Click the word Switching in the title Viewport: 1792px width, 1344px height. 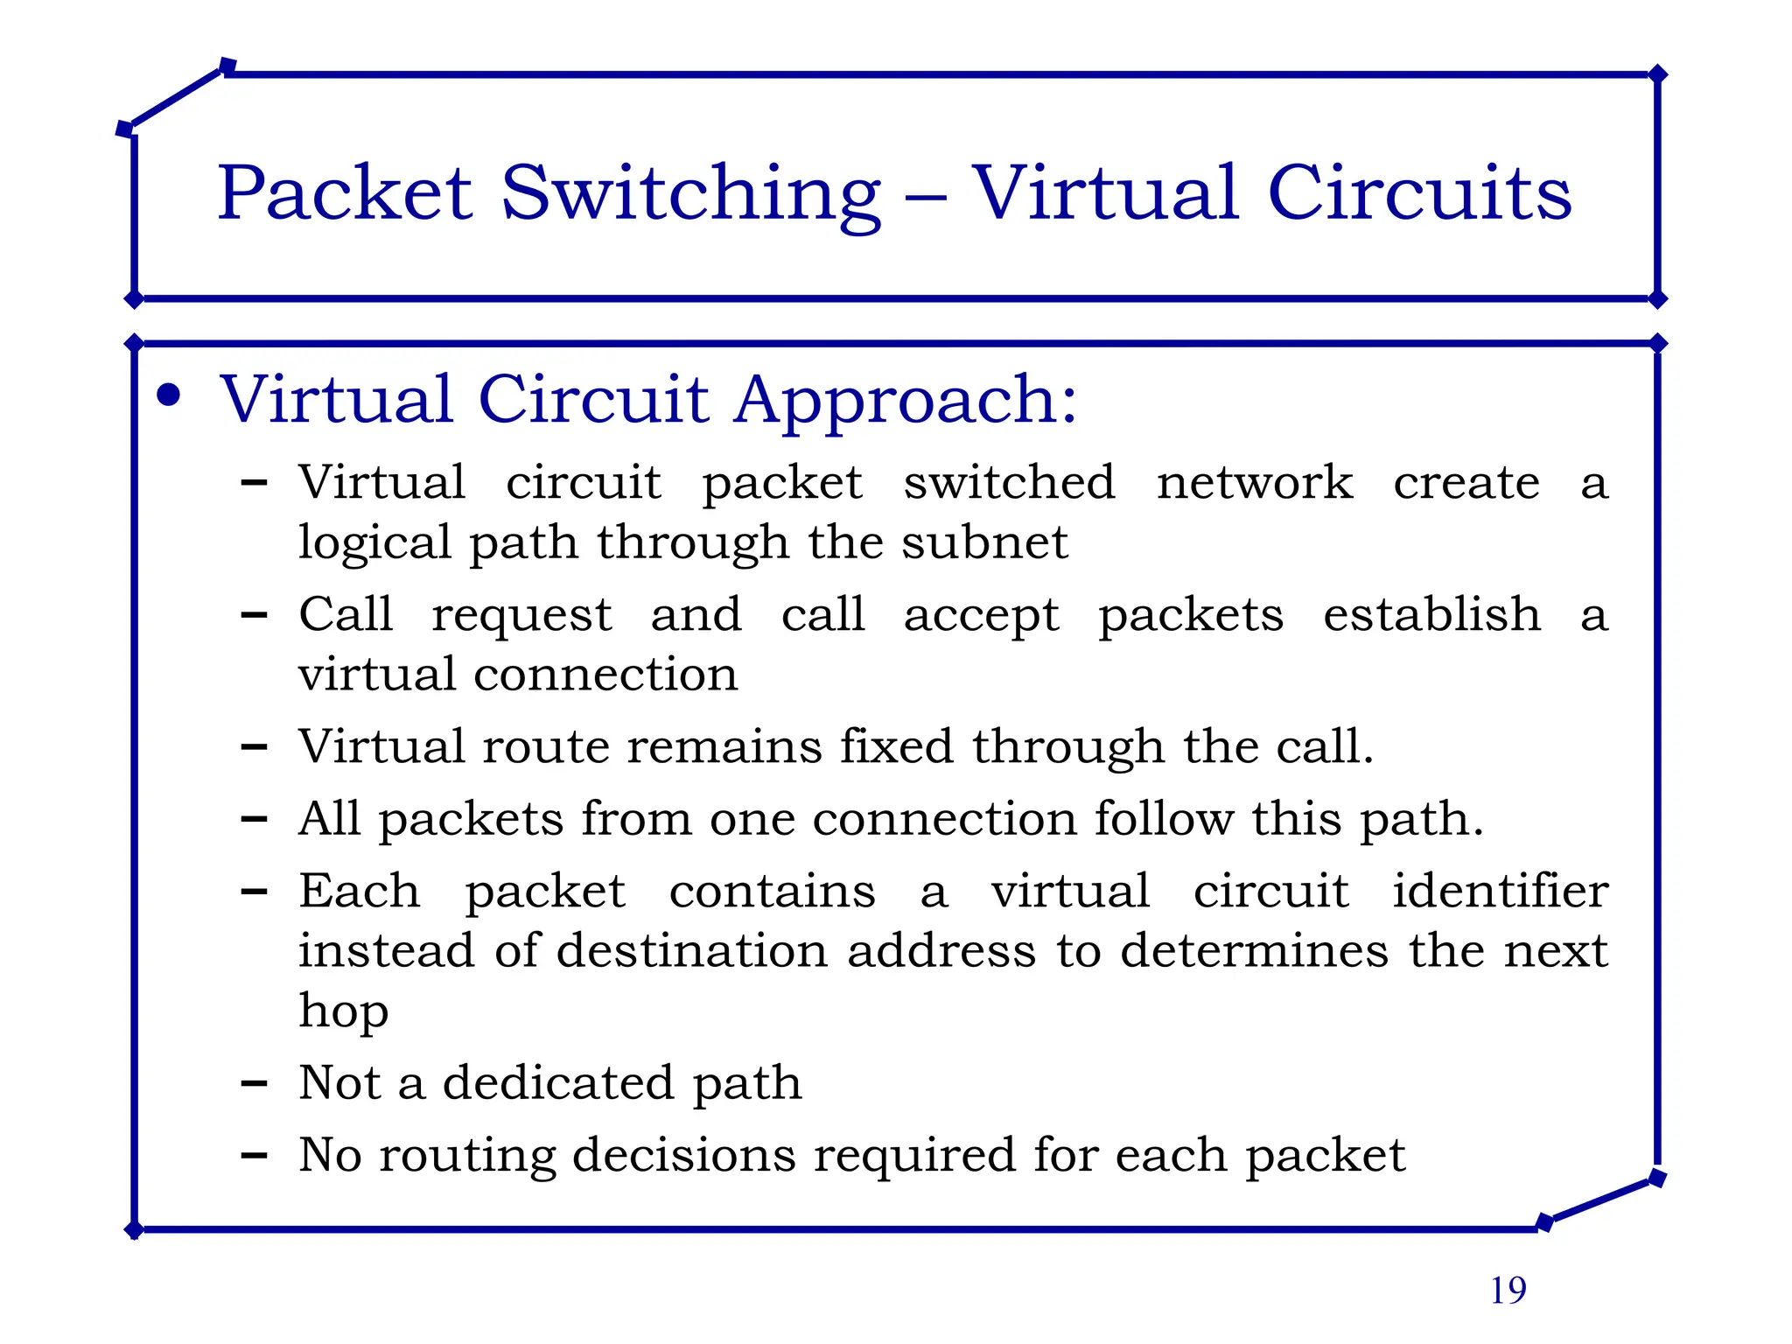click(690, 194)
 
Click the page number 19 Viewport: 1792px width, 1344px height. click(1508, 1291)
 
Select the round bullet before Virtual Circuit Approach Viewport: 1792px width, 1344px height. click(168, 395)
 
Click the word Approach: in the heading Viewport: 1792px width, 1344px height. click(906, 401)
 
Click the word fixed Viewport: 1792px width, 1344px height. click(896, 746)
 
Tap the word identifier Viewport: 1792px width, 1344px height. click(1500, 891)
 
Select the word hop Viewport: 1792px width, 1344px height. click(343, 1011)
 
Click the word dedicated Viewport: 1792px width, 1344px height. click(558, 1082)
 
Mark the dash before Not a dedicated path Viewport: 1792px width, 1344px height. click(254, 1084)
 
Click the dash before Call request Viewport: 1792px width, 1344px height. click(254, 615)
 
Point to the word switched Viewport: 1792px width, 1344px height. click(1009, 482)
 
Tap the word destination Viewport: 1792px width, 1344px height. click(692, 950)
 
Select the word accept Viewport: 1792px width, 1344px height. click(981, 615)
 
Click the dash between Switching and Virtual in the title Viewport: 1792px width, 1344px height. click(926, 198)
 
